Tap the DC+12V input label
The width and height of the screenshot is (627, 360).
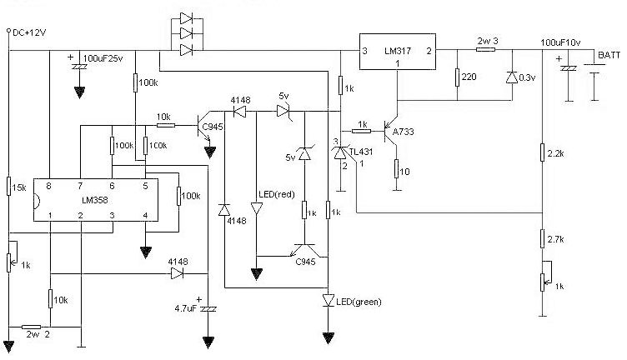click(x=28, y=32)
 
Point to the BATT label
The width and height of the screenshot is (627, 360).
click(x=609, y=55)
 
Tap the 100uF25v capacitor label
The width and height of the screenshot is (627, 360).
click(x=103, y=59)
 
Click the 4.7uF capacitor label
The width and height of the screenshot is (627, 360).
click(x=184, y=308)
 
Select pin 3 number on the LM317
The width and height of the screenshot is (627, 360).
click(x=364, y=52)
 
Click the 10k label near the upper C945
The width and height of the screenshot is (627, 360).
click(x=163, y=116)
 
